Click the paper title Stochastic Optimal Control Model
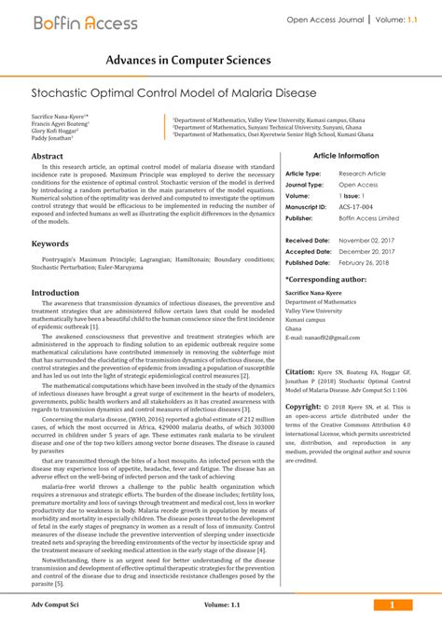tap(174, 94)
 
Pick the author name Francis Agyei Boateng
tap(61, 123)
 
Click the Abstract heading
tap(48, 157)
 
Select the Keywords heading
tap(50, 243)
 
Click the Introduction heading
tap(55, 292)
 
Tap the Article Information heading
tap(346, 156)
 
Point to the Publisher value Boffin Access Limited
tap(368, 218)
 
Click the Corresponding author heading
tap(325, 279)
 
